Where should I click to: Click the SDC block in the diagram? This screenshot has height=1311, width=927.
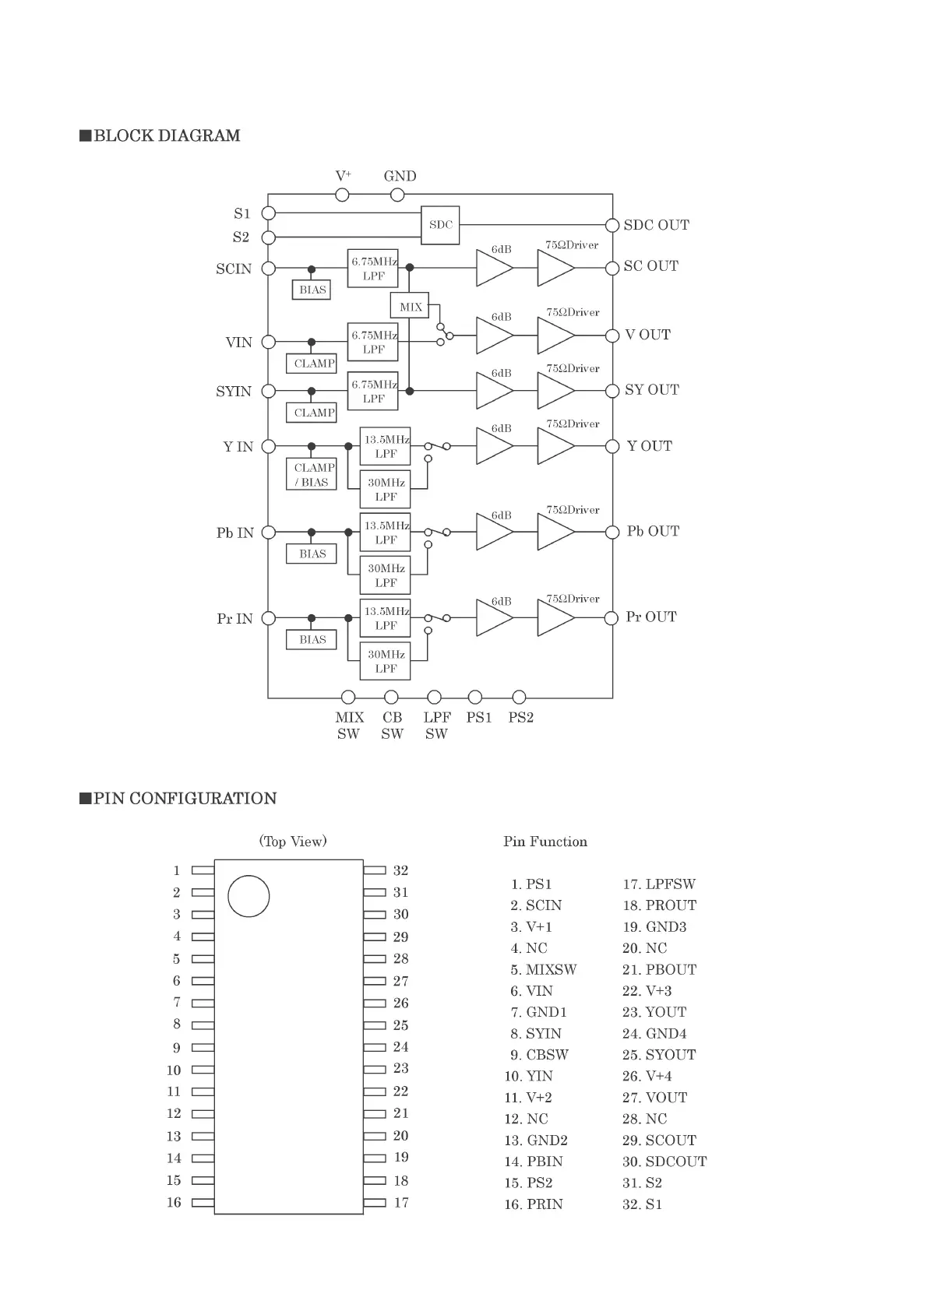(x=440, y=225)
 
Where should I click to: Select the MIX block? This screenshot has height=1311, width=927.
(x=411, y=307)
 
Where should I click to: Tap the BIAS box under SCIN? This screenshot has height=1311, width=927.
(x=312, y=290)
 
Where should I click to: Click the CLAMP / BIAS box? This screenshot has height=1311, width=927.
(x=314, y=475)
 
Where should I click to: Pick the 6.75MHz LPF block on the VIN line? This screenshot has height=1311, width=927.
(x=373, y=343)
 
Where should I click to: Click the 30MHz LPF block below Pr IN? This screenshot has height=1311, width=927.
(x=385, y=661)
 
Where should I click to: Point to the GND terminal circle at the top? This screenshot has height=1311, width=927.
(x=397, y=194)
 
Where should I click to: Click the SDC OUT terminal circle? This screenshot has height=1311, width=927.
(x=612, y=226)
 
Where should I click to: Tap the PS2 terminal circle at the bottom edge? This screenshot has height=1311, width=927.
(x=520, y=697)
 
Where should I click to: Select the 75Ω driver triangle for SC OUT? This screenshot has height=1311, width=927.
(x=555, y=268)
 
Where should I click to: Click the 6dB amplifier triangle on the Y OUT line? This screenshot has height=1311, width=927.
(x=493, y=446)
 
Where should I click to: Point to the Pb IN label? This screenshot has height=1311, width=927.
(x=235, y=533)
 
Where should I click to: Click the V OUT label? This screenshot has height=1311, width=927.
(x=647, y=335)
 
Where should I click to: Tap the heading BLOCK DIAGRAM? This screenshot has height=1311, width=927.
(x=167, y=135)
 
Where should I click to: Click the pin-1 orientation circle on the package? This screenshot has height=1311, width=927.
(x=248, y=895)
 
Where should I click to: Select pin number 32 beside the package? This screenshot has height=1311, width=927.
(x=400, y=870)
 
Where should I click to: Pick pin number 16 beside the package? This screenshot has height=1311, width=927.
(x=174, y=1202)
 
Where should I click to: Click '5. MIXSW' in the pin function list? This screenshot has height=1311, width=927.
(x=544, y=969)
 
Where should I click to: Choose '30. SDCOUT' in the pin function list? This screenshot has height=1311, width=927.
(x=664, y=1162)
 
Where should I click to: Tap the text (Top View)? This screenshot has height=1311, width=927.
(x=293, y=841)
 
